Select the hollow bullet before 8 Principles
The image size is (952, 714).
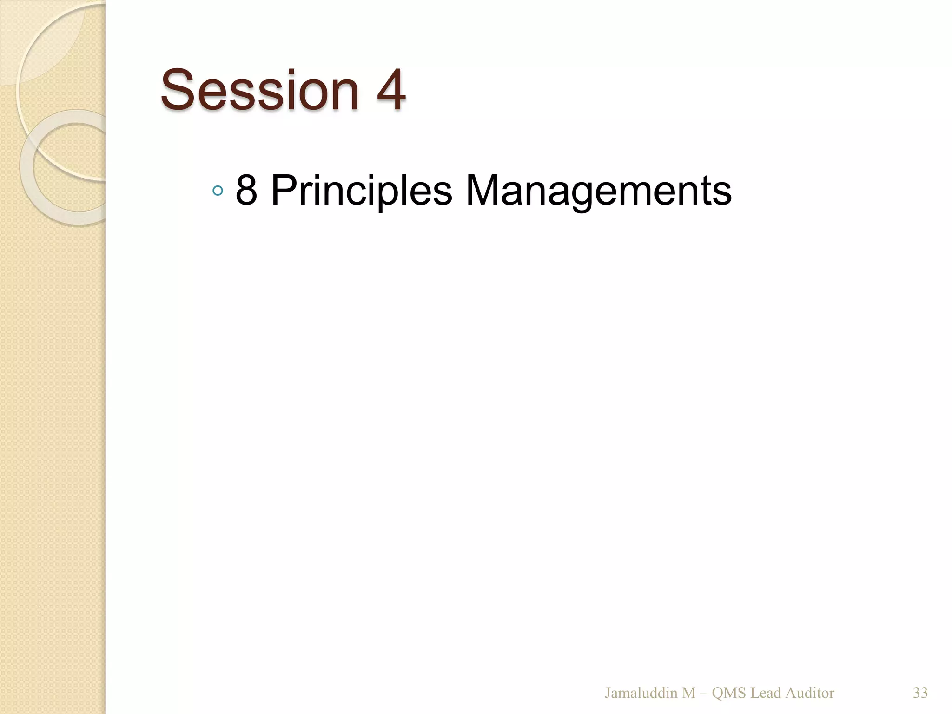(x=217, y=191)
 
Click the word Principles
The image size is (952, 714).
(x=361, y=191)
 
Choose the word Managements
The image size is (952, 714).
(x=598, y=191)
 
